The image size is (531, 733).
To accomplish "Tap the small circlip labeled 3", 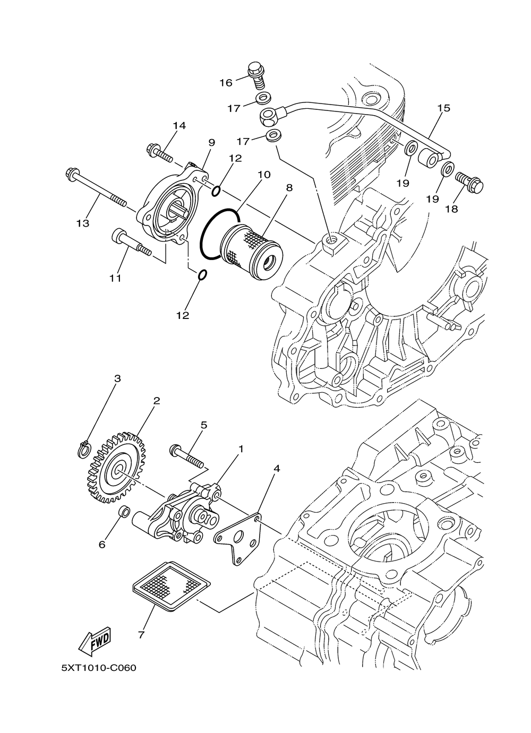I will pyautogui.click(x=83, y=449).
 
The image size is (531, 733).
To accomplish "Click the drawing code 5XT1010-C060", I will pyautogui.click(x=99, y=667).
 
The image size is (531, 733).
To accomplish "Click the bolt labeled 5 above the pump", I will pyautogui.click(x=186, y=456).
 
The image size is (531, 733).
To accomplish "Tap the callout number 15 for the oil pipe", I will pyautogui.click(x=443, y=108).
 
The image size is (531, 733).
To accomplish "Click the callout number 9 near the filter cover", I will pyautogui.click(x=211, y=142).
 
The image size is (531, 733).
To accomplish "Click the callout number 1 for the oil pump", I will pyautogui.click(x=241, y=449).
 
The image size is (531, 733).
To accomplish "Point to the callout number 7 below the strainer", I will pyautogui.click(x=141, y=634).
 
